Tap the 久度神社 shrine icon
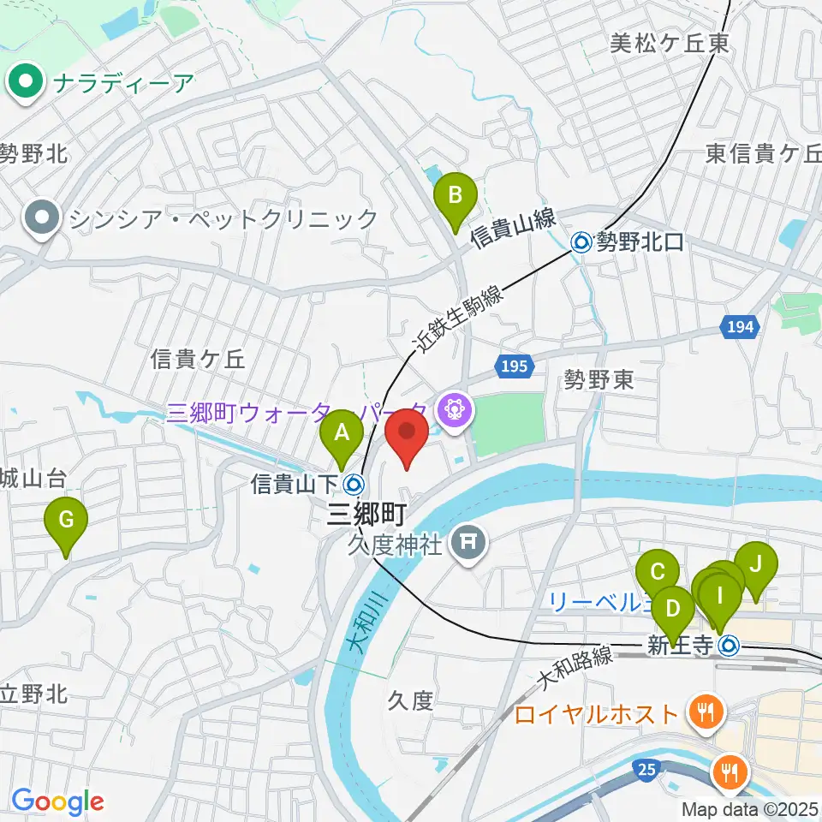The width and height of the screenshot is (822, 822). (x=468, y=540)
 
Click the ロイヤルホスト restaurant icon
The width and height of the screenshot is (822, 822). (x=705, y=711)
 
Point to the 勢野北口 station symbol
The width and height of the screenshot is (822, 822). (x=581, y=242)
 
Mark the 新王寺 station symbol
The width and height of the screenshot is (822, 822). (x=728, y=645)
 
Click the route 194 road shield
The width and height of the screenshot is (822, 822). (x=736, y=325)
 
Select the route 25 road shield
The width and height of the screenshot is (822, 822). (x=647, y=771)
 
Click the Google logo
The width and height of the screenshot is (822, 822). (x=57, y=802)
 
